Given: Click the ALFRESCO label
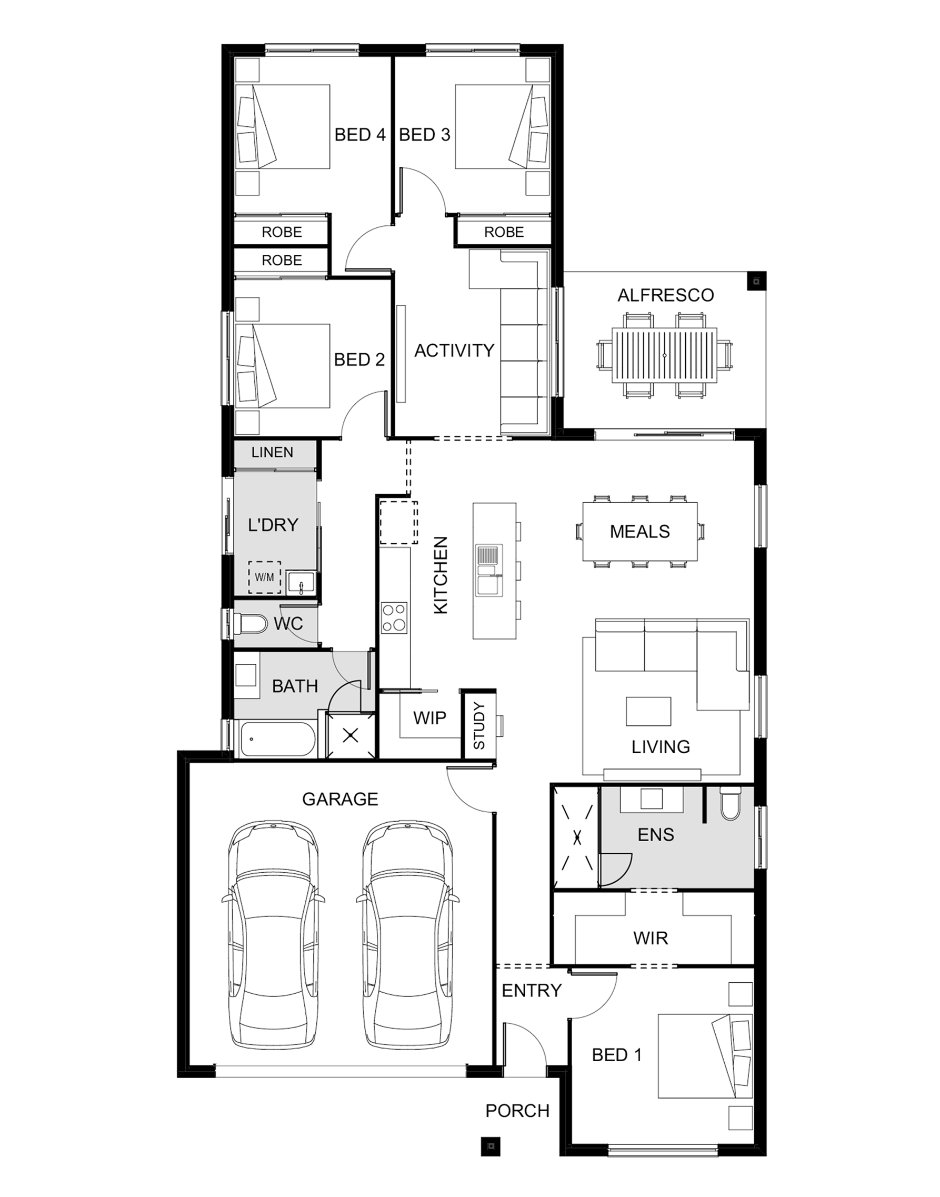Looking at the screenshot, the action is pos(665,295).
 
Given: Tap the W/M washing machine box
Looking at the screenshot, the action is pos(264,577).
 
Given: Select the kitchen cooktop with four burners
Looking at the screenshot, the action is pos(395,618).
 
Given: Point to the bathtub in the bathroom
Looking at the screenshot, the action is pos(278,739).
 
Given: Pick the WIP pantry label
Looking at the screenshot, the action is pos(429,717).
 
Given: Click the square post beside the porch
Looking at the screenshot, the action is pos(492,1146).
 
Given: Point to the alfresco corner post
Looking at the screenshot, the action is pos(756,281).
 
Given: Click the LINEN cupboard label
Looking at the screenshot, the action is pos(272,452).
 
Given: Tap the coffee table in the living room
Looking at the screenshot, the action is pos(648,711).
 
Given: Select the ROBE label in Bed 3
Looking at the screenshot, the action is pos(504,232).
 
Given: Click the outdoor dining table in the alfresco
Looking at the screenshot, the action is pos(664,355).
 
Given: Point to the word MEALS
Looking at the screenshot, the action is pos(639,532).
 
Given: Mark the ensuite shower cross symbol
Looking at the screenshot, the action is pos(577,837).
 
